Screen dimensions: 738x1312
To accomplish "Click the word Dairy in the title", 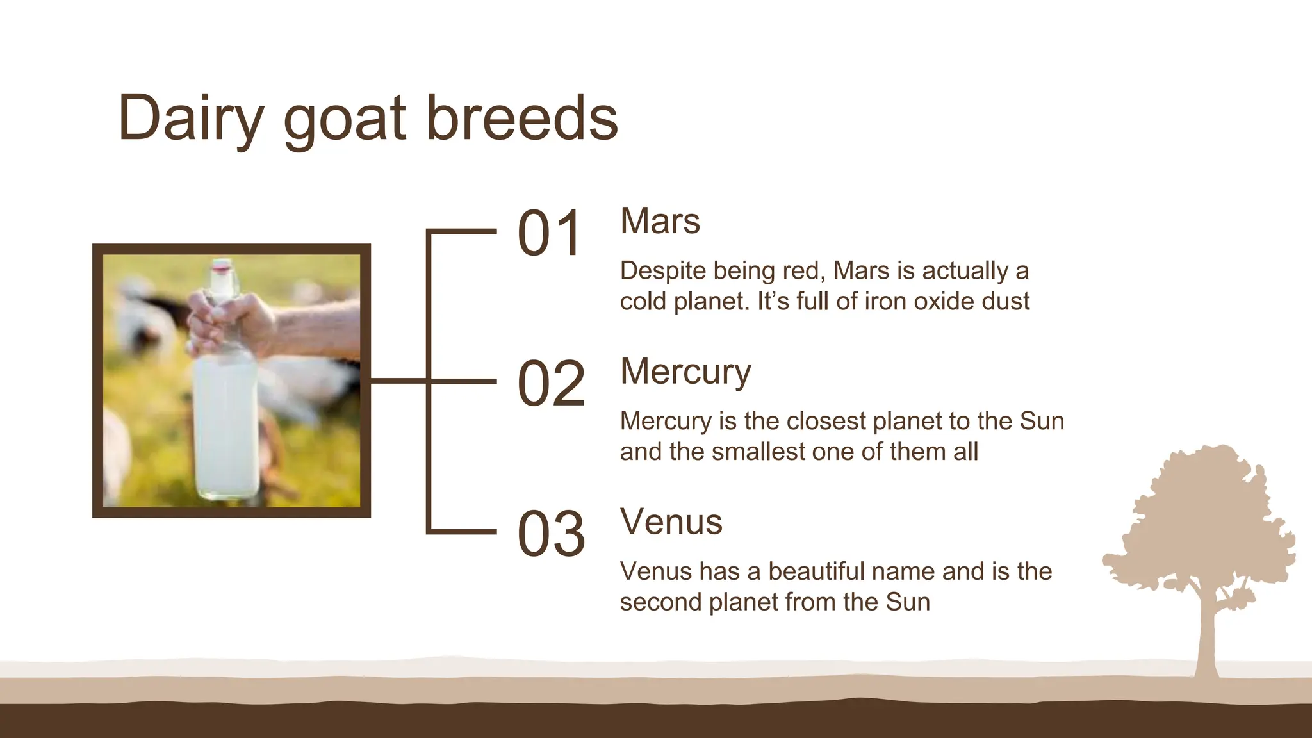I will pos(191,119).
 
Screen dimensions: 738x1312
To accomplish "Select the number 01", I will pos(550,234).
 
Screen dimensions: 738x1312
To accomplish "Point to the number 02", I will pos(551,384).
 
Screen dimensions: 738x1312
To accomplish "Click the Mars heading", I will pos(660,222).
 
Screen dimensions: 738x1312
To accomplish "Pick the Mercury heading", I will pos(685,372).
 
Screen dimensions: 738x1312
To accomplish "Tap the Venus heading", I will pos(671,522).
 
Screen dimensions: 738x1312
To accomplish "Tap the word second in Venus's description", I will pos(660,602).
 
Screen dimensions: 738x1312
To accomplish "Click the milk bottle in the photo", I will pos(225,423).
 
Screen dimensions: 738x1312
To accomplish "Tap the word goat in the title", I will pos(345,119).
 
